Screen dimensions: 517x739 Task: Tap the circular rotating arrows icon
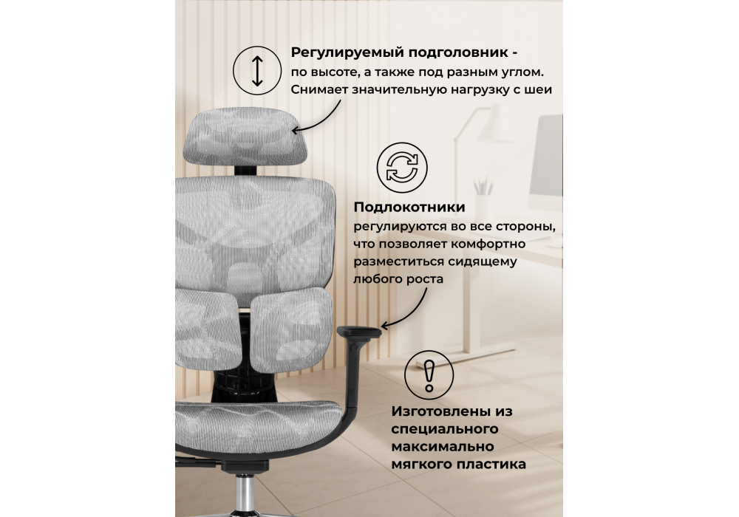click(x=402, y=168)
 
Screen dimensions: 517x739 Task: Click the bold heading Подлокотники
click(x=409, y=208)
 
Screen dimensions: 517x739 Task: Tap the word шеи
click(x=537, y=90)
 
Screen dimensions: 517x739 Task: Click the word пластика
click(x=494, y=465)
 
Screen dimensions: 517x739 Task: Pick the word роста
click(x=426, y=280)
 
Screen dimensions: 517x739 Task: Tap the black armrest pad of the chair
click(x=359, y=332)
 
